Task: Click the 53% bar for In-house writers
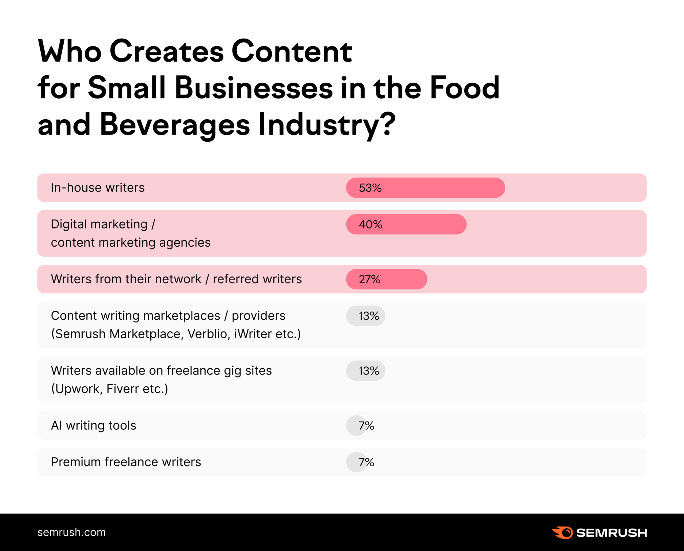(x=425, y=188)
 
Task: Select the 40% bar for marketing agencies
(x=406, y=224)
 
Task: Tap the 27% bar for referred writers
(x=386, y=279)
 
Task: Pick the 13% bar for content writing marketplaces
(x=365, y=316)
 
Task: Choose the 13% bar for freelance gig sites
(x=365, y=371)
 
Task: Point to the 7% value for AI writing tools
(x=366, y=426)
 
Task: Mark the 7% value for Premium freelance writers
(x=366, y=462)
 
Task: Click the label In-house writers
(x=98, y=188)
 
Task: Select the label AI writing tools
(x=93, y=426)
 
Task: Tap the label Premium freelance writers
(x=126, y=462)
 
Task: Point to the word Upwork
(x=77, y=389)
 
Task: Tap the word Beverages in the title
(x=175, y=125)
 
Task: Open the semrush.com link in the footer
(x=71, y=532)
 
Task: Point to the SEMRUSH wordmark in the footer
(x=612, y=533)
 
